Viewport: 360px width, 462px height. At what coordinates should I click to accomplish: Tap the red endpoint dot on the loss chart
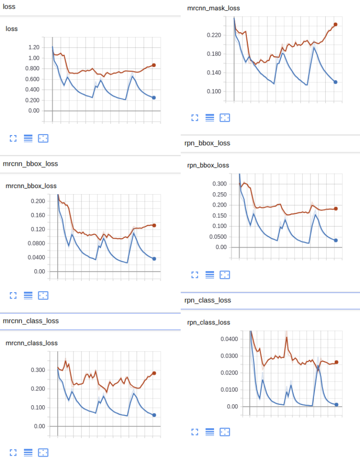point(154,65)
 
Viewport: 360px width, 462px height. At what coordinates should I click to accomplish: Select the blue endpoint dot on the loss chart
point(154,98)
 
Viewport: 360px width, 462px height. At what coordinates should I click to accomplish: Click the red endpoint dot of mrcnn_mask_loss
point(335,25)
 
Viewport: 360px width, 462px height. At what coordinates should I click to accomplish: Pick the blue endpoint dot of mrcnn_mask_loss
point(335,82)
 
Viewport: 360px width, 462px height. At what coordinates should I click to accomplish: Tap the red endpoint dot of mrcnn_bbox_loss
point(154,226)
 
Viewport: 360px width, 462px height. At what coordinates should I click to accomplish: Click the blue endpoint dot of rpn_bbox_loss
point(336,240)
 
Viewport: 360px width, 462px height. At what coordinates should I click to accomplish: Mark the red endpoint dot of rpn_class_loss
point(336,362)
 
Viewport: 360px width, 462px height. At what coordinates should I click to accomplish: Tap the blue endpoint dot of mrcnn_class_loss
point(154,415)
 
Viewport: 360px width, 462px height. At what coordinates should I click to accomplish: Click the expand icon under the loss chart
point(13,138)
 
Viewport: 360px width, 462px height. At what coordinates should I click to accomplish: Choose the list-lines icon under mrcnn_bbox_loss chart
point(28,295)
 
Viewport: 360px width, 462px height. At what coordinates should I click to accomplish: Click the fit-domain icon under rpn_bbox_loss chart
point(224,274)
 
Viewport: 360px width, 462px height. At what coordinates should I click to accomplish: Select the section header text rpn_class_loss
point(207,300)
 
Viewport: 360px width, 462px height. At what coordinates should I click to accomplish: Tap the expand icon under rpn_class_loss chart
point(195,432)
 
